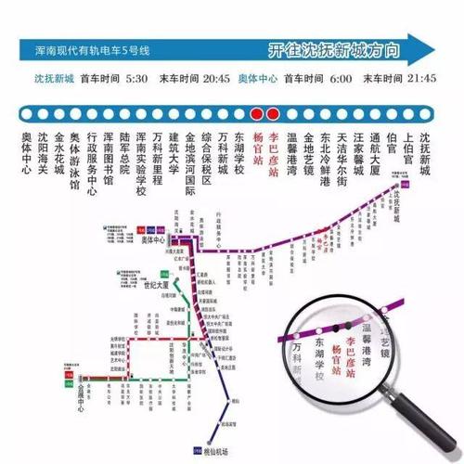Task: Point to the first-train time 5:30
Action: coord(136,79)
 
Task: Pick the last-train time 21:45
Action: coord(418,79)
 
